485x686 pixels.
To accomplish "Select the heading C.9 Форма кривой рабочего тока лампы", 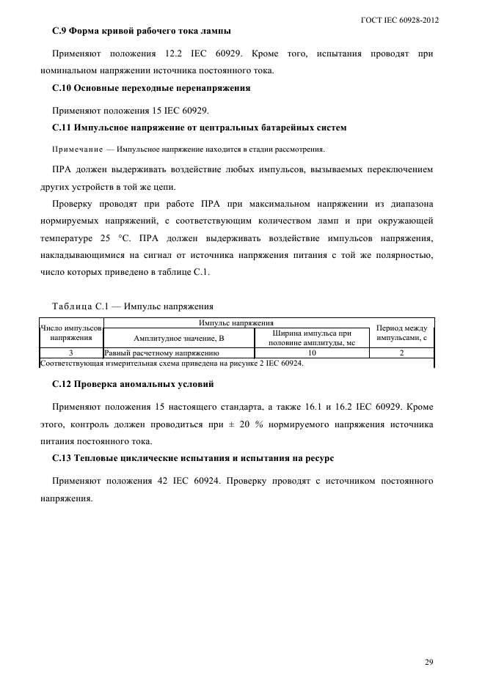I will coord(142,32).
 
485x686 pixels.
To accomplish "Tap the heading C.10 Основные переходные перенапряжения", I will coord(151,88).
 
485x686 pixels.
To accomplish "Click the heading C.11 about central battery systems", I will coord(200,128).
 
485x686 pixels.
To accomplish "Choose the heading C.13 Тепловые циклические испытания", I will coord(193,458).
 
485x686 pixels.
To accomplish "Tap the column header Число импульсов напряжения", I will coord(70,333).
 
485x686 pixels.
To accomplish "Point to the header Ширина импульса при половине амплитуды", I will coord(311,339).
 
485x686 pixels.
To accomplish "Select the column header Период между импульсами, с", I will coord(401,333).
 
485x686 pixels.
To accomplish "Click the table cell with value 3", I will coord(70,353).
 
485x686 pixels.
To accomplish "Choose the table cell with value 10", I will coord(311,353).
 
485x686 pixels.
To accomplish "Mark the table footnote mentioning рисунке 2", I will coord(172,363).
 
